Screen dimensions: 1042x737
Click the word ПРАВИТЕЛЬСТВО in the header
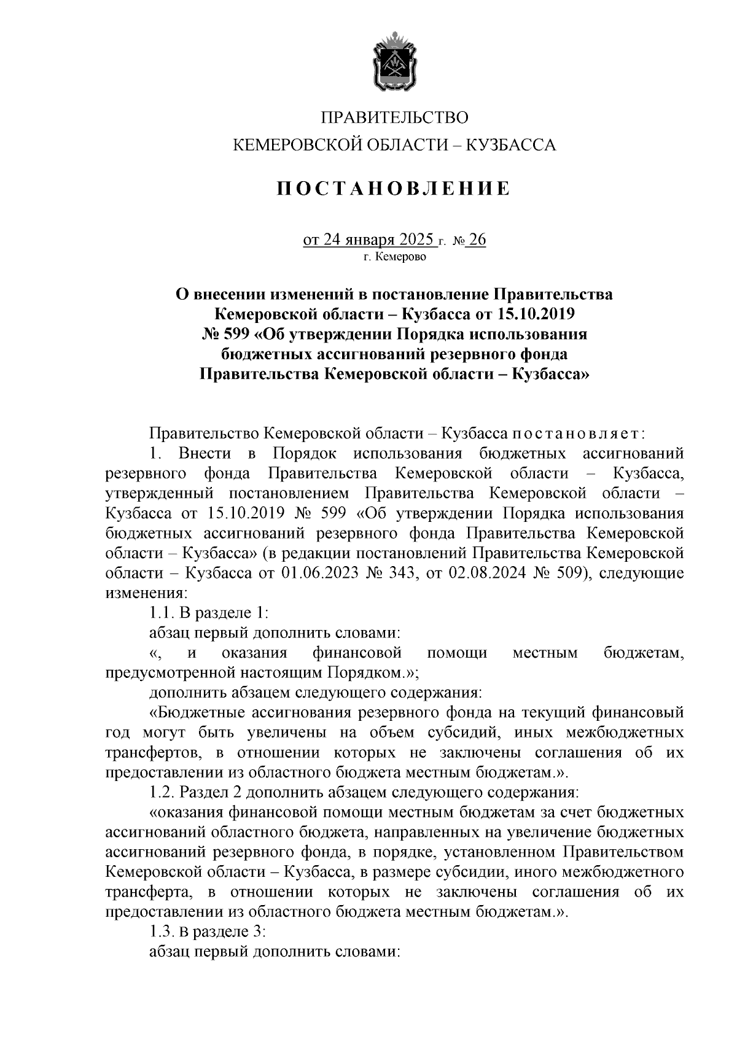click(395, 117)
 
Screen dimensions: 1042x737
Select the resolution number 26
click(477, 239)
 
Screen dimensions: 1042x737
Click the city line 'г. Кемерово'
click(394, 257)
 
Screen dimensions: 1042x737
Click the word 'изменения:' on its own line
click(145, 593)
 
